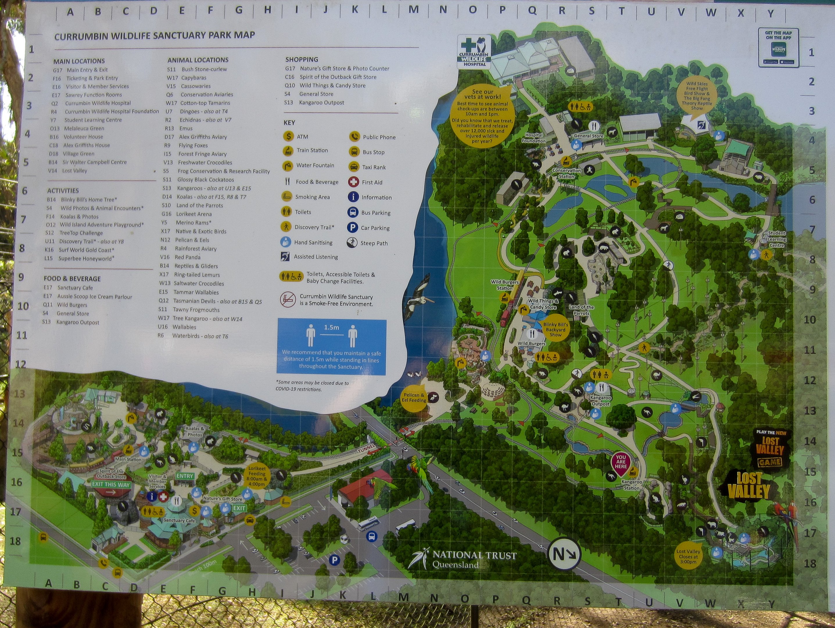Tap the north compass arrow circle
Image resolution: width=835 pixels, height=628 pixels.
[x=564, y=554]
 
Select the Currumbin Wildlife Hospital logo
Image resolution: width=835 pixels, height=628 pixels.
[x=474, y=52]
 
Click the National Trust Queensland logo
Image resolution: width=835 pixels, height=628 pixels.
[x=463, y=559]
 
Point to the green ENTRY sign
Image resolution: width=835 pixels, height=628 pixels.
[x=184, y=476]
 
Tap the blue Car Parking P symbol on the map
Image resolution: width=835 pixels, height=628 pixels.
[x=334, y=560]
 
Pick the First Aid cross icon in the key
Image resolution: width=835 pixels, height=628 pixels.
[x=353, y=182]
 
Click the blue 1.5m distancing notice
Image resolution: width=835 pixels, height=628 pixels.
[x=332, y=347]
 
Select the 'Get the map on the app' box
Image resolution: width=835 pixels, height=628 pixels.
[x=778, y=48]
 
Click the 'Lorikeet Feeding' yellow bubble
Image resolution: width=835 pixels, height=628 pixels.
[x=257, y=476]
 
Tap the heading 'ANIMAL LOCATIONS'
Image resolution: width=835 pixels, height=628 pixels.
[x=198, y=60]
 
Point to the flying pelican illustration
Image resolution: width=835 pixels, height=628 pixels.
[x=419, y=297]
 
